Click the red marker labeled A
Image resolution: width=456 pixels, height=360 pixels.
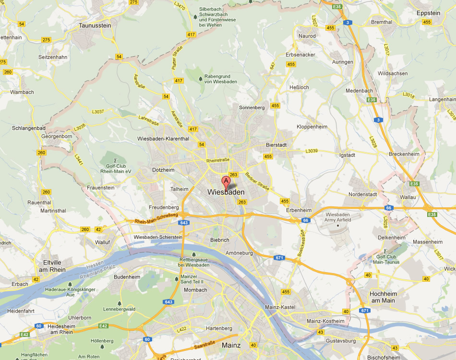pyautogui.click(x=226, y=181)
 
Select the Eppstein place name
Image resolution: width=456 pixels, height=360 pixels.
pyautogui.click(x=428, y=13)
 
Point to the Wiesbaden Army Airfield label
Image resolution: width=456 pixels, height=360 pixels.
pyautogui.click(x=338, y=217)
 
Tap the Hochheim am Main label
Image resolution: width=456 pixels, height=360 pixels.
pyautogui.click(x=382, y=297)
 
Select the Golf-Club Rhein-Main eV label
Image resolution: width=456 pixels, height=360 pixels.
pyautogui.click(x=116, y=168)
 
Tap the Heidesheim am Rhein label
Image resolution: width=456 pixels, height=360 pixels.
pyautogui.click(x=60, y=329)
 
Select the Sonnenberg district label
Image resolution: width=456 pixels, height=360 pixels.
pyautogui.click(x=252, y=108)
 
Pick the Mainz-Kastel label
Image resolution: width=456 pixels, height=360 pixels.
pyautogui.click(x=280, y=307)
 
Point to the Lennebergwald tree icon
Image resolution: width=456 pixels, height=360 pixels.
pyautogui.click(x=119, y=303)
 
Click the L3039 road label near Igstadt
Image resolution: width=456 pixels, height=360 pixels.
pyautogui.click(x=312, y=151)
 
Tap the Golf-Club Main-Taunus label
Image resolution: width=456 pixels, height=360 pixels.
pyautogui.click(x=386, y=260)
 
